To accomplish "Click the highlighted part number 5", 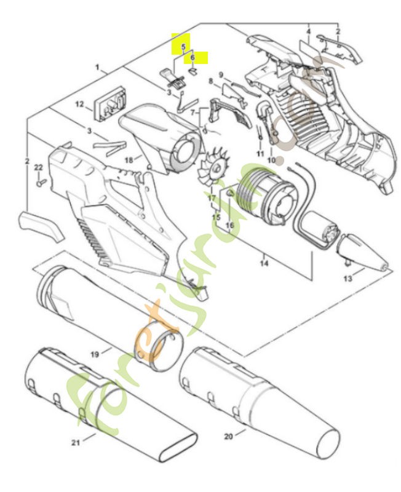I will (x=183, y=46).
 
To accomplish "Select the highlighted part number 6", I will (x=193, y=57).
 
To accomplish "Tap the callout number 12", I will (x=79, y=105).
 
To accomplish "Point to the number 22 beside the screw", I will (x=38, y=167).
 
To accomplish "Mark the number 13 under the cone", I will (x=347, y=279).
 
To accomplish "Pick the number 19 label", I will (x=95, y=354).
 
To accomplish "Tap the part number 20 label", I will (x=228, y=436).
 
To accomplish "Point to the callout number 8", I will (x=210, y=81).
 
